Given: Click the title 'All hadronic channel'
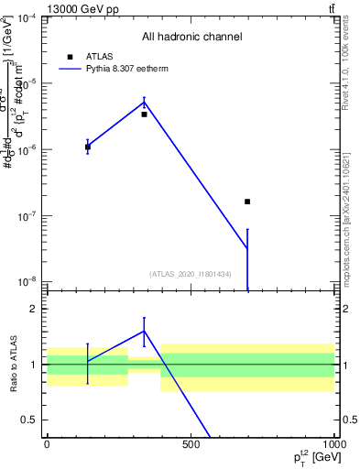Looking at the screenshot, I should pos(191,37).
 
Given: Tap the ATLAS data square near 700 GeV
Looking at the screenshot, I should pos(247,202).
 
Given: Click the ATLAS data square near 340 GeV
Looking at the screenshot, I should pos(144,115).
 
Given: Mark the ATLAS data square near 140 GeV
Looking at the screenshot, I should pos(88,147).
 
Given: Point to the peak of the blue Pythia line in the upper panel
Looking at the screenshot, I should pos(144,102).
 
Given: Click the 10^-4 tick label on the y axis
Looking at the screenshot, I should pos(26,18).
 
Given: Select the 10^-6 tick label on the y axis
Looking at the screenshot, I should pos(26,150).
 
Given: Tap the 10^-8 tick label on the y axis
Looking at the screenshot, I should pos(26,282).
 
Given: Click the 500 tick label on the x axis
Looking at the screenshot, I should pos(191,445).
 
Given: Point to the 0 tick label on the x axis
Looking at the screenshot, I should pos(47,445).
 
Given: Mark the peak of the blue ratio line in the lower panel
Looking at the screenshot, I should pos(144,331).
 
